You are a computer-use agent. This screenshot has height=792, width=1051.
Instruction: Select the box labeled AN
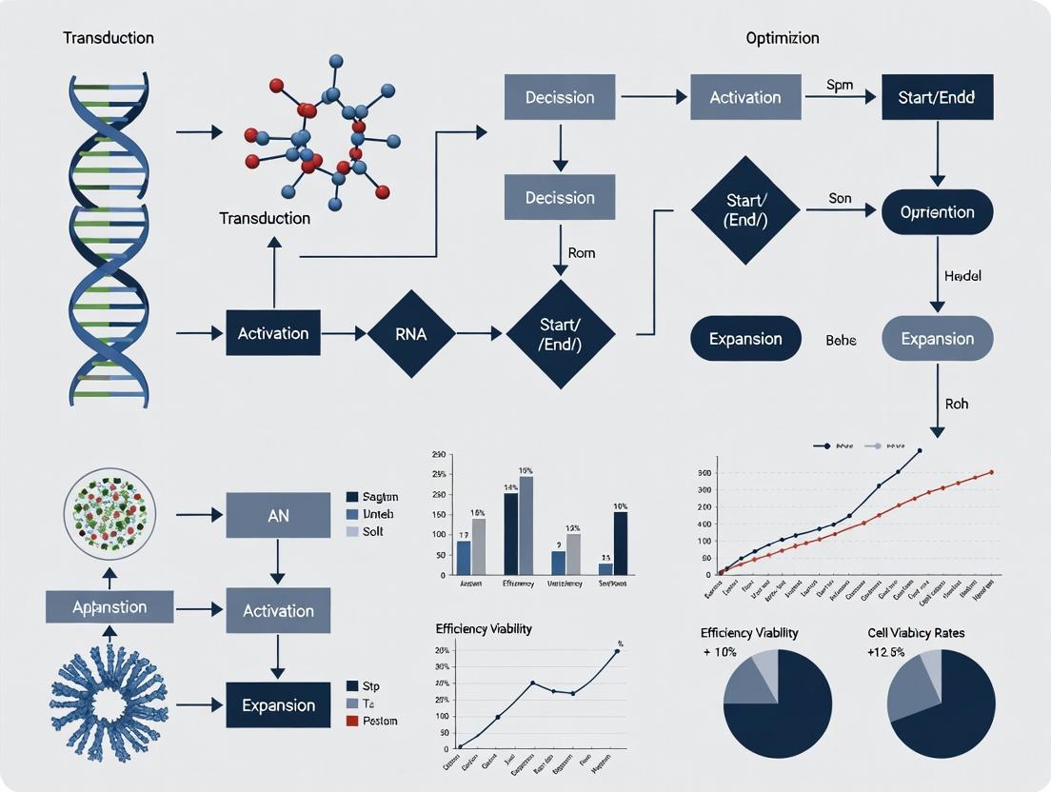pos(278,515)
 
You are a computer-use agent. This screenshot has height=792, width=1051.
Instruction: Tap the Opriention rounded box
pos(938,212)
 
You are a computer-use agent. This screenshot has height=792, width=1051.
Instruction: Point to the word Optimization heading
pos(783,39)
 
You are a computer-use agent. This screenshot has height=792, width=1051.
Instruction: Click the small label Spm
pos(841,85)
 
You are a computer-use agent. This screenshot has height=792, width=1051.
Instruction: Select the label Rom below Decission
pos(581,253)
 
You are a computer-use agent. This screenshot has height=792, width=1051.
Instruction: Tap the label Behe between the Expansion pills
pos(841,340)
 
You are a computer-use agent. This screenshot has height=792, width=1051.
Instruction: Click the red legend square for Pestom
pos(351,721)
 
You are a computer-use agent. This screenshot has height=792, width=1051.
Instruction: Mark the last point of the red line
pos(992,471)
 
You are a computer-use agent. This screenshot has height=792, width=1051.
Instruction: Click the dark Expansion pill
pos(746,339)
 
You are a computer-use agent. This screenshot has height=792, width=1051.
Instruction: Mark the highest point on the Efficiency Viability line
pos(617,651)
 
